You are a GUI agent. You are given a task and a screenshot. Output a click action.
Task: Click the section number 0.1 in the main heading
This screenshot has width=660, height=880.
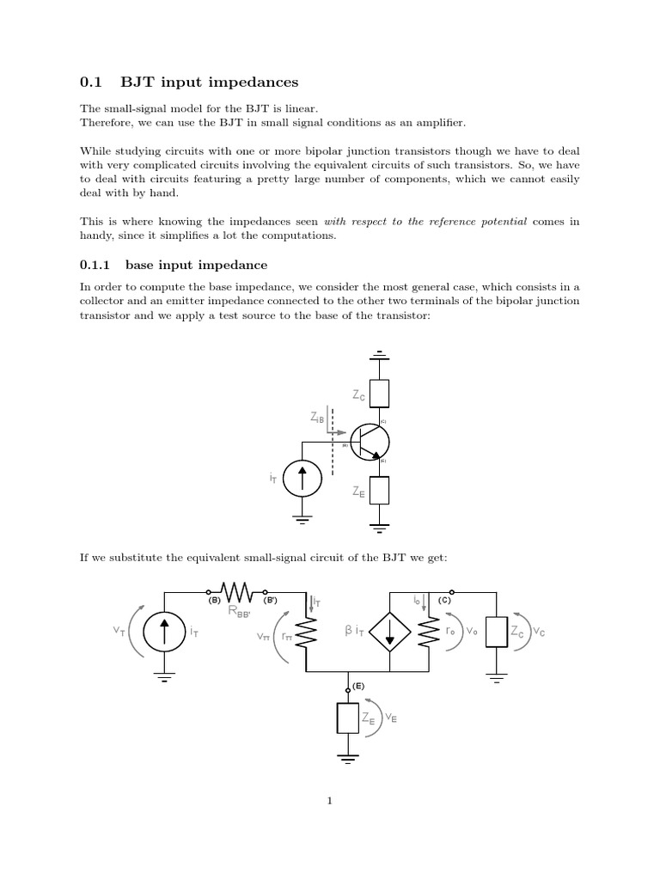coord(90,82)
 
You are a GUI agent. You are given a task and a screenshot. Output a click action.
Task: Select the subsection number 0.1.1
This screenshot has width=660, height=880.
coord(97,265)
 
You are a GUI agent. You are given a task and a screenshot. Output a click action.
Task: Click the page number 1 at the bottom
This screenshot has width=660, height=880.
coord(329,801)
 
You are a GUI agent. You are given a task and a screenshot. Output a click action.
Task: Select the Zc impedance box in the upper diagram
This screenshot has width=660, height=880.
coord(380,392)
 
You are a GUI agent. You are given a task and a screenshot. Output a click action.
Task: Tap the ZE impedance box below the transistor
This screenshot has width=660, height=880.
coord(380,491)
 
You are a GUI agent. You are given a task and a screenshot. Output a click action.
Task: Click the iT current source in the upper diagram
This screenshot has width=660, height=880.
coord(302,478)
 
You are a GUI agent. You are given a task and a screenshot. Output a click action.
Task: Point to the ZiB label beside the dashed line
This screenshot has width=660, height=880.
coord(317,418)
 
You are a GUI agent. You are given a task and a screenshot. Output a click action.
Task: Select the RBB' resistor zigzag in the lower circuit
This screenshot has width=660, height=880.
coord(238,591)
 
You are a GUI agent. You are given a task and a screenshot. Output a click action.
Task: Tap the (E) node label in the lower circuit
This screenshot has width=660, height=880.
coord(358,687)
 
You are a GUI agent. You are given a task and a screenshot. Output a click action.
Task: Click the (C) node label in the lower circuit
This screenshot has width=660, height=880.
coord(444,601)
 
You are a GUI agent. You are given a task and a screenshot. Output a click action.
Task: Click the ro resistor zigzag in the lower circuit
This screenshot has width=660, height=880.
coord(428,631)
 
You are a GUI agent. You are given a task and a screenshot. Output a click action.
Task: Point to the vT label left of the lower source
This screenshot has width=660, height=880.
coord(119,630)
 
